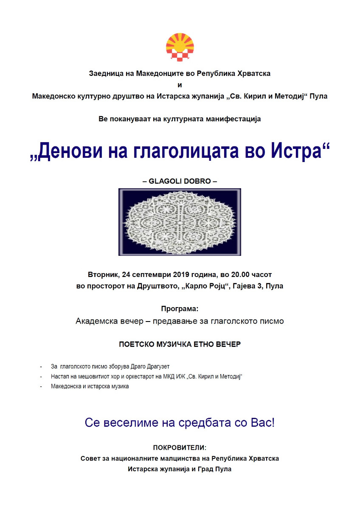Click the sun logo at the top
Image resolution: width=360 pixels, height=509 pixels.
(180, 47)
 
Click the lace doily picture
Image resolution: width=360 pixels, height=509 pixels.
(180, 222)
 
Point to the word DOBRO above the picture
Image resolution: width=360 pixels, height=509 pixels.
(197, 181)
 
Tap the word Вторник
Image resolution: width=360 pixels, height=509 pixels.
(103, 274)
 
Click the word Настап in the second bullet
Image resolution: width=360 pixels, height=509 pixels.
(59, 376)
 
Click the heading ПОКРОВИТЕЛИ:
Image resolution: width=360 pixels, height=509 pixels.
(180, 447)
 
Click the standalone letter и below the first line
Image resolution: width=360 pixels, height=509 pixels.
(180, 85)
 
